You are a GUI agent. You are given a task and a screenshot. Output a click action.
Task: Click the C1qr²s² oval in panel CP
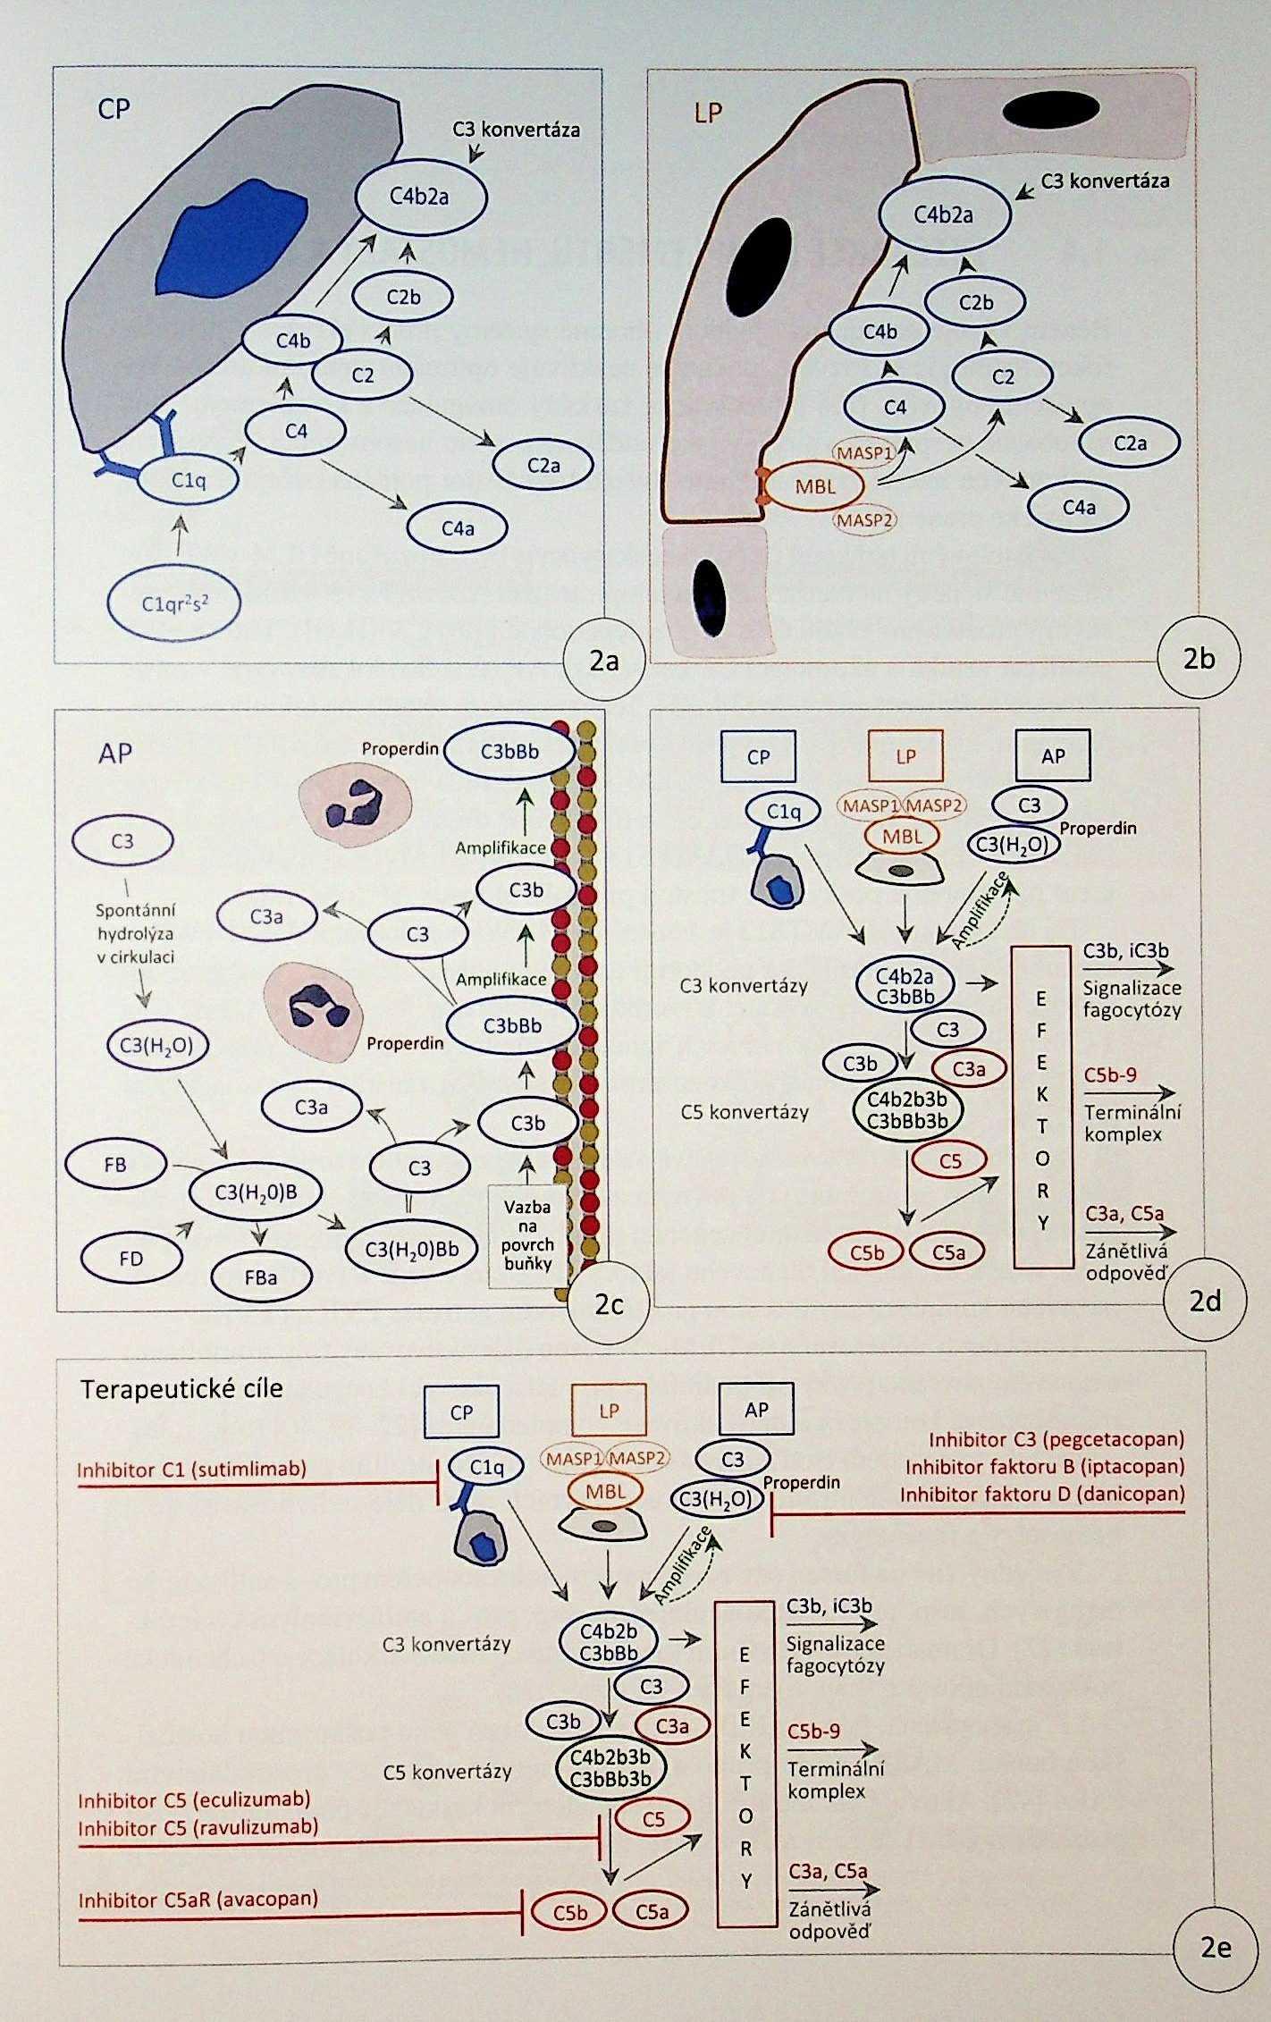[175, 604]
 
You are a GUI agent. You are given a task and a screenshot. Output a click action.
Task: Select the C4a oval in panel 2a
[457, 528]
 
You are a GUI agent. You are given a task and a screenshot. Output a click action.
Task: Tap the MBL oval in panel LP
[815, 488]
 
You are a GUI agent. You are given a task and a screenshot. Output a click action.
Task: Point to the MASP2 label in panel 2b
[864, 518]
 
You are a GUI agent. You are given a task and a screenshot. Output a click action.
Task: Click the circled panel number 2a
[604, 661]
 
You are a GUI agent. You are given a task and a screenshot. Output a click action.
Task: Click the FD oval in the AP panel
[131, 1259]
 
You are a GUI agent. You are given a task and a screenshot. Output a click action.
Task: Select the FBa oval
[260, 1276]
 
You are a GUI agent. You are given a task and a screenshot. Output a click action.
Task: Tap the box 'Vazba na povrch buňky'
[527, 1235]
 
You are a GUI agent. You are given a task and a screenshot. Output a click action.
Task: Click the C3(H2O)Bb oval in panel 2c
[411, 1249]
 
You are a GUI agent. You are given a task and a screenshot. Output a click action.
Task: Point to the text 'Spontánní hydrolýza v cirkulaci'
[135, 933]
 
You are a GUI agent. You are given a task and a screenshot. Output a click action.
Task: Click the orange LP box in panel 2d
[905, 756]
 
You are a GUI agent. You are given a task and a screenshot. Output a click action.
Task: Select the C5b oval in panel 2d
[866, 1253]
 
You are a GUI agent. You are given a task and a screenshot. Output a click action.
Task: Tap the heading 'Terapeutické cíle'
[181, 1388]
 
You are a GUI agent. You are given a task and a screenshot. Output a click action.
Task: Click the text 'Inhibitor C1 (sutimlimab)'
[191, 1469]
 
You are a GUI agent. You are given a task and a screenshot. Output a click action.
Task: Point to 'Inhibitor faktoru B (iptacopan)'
[1044, 1467]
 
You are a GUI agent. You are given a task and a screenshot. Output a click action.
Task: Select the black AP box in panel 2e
[756, 1410]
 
